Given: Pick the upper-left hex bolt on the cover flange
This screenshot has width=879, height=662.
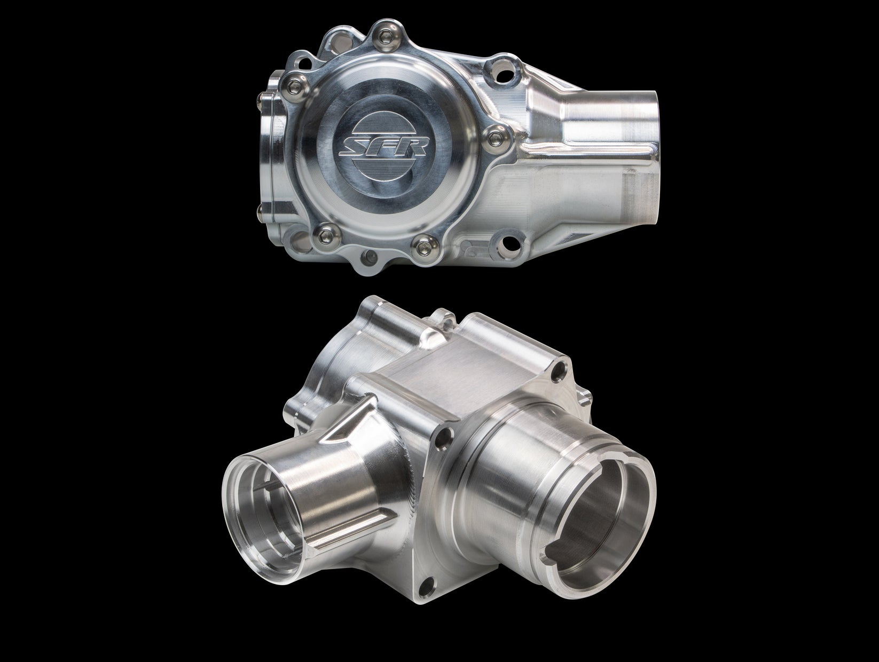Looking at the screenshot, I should click(x=293, y=82).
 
